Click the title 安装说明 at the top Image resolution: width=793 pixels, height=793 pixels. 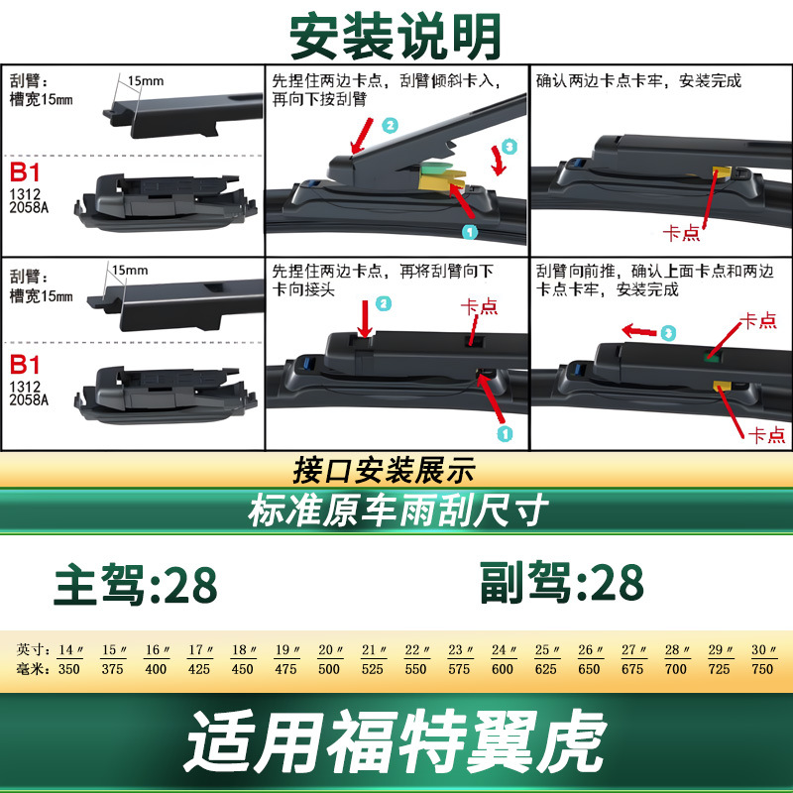pos(396,37)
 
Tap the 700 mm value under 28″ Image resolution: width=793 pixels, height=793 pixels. pos(676,669)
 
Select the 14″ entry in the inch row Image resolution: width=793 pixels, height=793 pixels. pos(70,649)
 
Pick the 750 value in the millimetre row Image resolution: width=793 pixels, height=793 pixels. pos(762,669)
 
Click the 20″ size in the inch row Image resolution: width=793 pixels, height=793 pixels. pos(330,649)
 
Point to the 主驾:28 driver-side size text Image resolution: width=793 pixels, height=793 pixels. pos(136,585)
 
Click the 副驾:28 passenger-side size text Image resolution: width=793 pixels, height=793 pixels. pos(561,583)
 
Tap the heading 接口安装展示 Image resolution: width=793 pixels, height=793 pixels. pos(385,470)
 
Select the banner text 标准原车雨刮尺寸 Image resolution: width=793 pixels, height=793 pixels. pos(398,510)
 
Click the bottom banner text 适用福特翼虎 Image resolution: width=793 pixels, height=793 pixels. pos(396,740)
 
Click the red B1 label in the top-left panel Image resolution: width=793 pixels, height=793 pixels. pos(24,172)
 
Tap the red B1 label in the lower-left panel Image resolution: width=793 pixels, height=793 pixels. pos(24,365)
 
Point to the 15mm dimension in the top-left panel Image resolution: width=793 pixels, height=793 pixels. pos(145,81)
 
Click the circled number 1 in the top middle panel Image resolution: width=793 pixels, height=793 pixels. pos(470,232)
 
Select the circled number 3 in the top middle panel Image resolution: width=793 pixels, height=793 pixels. pos(509,147)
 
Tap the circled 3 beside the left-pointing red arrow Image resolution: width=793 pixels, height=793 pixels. pos(668,333)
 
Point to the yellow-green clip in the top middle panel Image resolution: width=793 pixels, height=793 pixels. pos(441,177)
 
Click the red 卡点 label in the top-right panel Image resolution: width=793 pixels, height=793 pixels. pos(681,233)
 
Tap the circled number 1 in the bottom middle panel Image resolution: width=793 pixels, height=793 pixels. pos(505,433)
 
